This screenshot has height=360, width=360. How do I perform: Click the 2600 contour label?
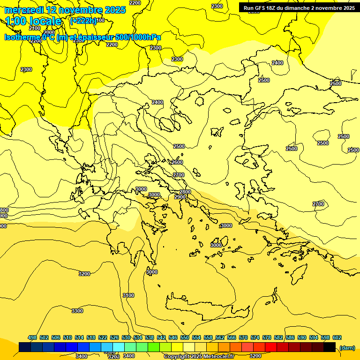[177, 162]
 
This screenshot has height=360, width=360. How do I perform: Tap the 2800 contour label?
[185, 192]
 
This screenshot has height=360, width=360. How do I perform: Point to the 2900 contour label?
[180, 197]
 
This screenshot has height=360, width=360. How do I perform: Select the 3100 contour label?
[128, 295]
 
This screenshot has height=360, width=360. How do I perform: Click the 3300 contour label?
[77, 311]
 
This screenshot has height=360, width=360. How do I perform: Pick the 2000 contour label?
[49, 32]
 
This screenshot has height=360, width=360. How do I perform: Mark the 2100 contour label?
[35, 28]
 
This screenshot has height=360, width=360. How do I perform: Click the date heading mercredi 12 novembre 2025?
[65, 10]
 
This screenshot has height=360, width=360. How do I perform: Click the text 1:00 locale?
[33, 21]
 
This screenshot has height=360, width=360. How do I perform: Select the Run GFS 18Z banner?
[299, 8]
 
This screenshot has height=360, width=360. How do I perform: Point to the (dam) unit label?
[347, 347]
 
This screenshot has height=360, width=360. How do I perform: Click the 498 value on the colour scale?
[32, 337]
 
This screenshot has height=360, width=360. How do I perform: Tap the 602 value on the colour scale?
[337, 337]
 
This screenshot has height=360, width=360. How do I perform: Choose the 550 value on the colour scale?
[185, 337]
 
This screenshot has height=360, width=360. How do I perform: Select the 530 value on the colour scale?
[126, 337]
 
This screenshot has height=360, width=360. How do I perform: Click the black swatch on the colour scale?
[330, 347]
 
